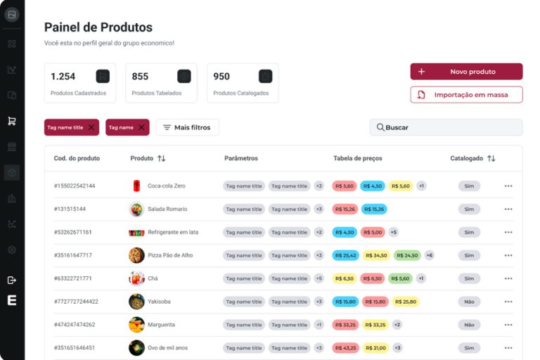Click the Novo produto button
[x=466, y=72]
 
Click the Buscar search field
[x=446, y=127]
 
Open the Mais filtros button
[x=187, y=127]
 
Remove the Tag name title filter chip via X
[x=91, y=127]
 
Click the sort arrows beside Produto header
[x=161, y=158]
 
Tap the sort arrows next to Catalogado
[x=491, y=158]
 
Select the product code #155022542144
[x=75, y=186]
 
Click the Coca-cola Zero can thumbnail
[x=136, y=186]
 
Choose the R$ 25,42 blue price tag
[x=346, y=255]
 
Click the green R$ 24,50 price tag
[x=407, y=255]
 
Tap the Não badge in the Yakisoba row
[x=469, y=302]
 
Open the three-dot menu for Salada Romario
[x=508, y=209]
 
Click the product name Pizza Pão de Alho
[x=170, y=255]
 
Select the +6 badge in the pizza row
[x=429, y=255]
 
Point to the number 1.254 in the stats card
[x=63, y=77]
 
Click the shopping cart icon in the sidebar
[x=12, y=121]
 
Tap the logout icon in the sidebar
[x=12, y=280]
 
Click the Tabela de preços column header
[x=357, y=158]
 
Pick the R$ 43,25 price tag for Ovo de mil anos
[x=346, y=348]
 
